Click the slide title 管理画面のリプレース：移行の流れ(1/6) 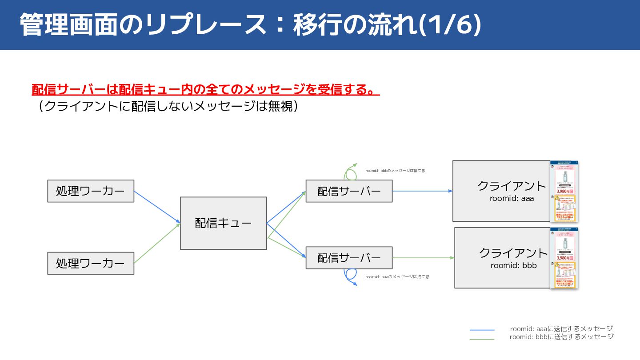pyautogui.click(x=250, y=25)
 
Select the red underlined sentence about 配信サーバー pyautogui.click(x=205, y=89)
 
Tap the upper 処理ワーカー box pyautogui.click(x=91, y=191)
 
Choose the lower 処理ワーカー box pyautogui.click(x=91, y=263)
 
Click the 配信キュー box pyautogui.click(x=223, y=223)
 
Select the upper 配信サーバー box pyautogui.click(x=349, y=191)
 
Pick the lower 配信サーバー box pyautogui.click(x=349, y=258)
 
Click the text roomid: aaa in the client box pyautogui.click(x=512, y=199)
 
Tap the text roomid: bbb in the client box pyautogui.click(x=513, y=266)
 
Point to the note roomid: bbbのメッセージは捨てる pyautogui.click(x=395, y=171)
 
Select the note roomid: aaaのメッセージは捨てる pyautogui.click(x=397, y=276)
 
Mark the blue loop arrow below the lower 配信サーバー pyautogui.click(x=350, y=277)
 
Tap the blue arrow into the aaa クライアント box pyautogui.click(x=422, y=191)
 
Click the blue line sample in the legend pyautogui.click(x=482, y=330)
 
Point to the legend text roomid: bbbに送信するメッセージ pyautogui.click(x=561, y=337)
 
